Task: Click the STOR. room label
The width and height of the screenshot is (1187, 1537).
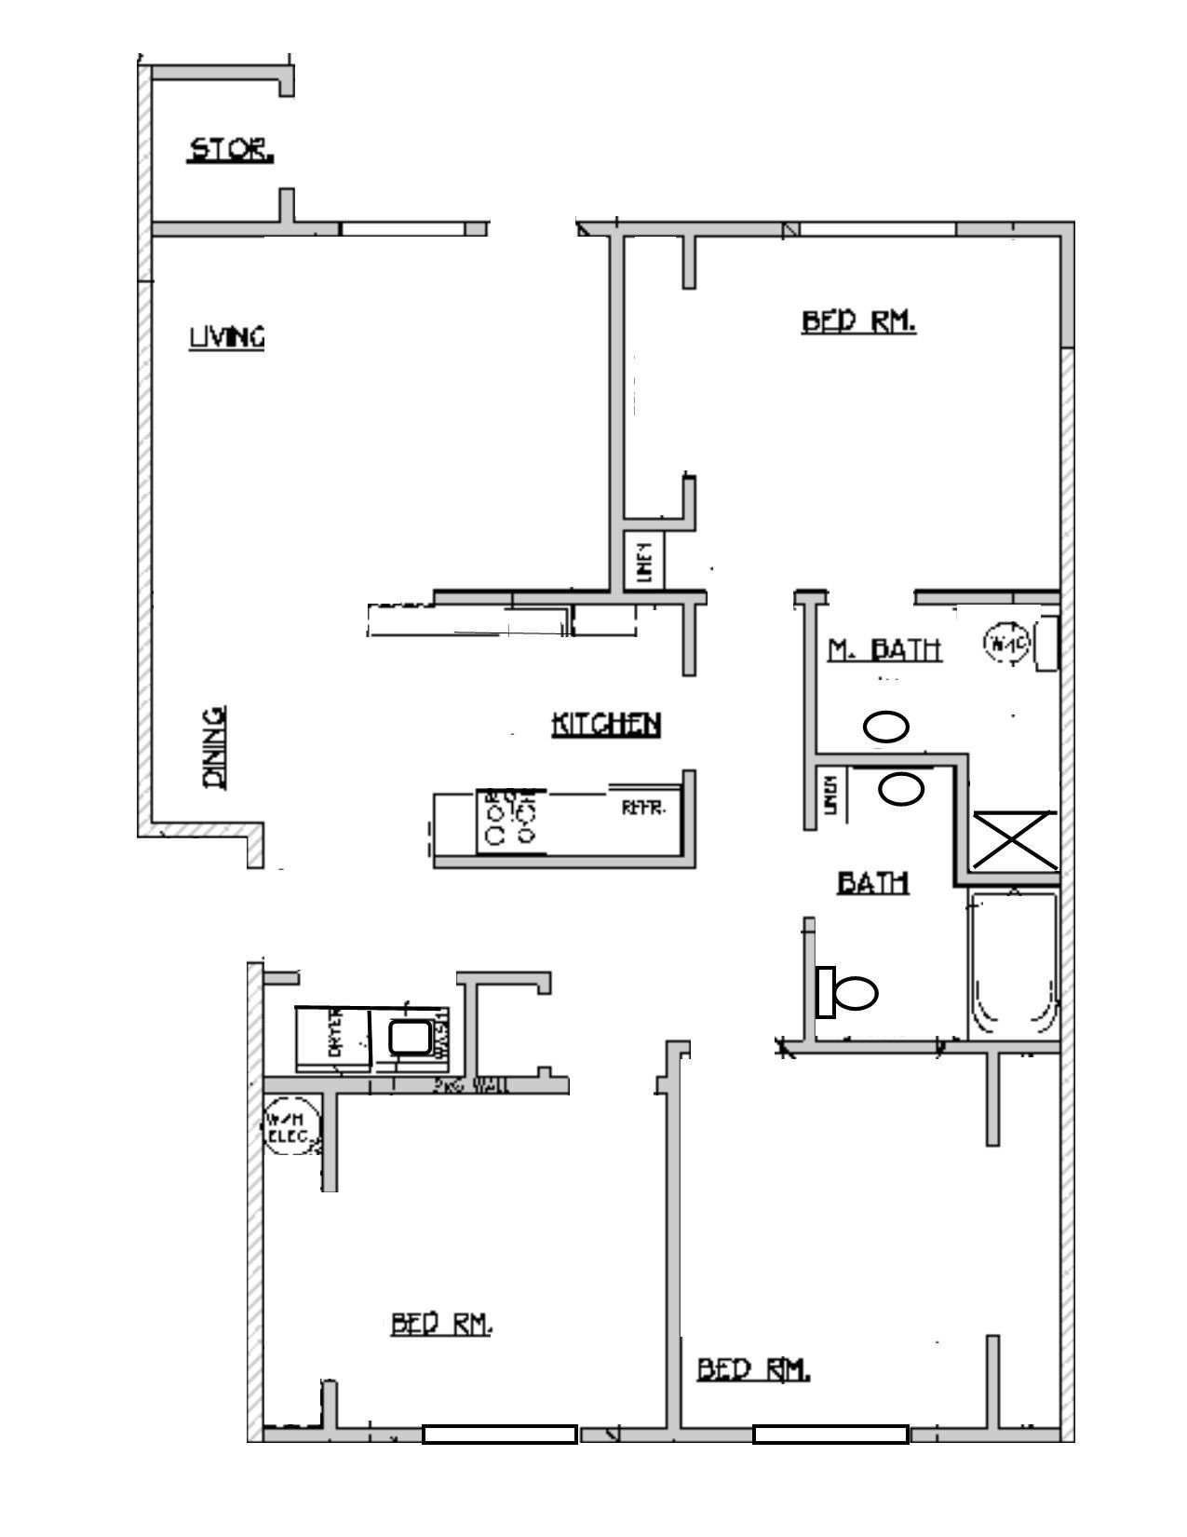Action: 231,150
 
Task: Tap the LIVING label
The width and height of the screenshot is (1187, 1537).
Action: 227,336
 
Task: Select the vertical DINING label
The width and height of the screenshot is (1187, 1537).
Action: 215,748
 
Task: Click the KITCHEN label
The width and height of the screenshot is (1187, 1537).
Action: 606,724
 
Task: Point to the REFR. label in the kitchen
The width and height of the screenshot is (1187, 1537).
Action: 643,809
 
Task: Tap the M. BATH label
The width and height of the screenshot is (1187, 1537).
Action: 884,649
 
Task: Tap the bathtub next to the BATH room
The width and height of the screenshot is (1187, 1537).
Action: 1012,966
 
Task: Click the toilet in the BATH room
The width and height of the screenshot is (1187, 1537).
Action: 846,993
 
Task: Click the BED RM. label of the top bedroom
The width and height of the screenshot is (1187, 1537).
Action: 858,322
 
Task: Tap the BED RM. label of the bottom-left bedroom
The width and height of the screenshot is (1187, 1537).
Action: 441,1324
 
